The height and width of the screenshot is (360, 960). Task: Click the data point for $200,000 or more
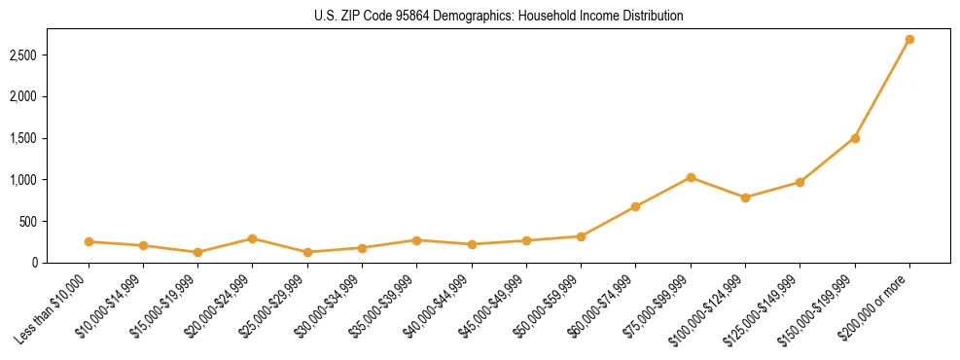pyautogui.click(x=909, y=40)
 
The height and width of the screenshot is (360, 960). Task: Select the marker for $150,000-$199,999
pyautogui.click(x=855, y=138)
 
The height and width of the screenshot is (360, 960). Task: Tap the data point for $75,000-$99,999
pyautogui.click(x=691, y=177)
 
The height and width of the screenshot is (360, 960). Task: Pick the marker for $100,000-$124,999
pyautogui.click(x=745, y=198)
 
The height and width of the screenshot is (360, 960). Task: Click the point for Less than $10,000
pyautogui.click(x=89, y=241)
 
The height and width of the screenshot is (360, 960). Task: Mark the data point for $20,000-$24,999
pyautogui.click(x=252, y=238)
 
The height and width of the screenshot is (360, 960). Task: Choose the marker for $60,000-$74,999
pyautogui.click(x=635, y=206)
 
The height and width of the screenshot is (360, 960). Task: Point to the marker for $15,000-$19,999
pyautogui.click(x=197, y=252)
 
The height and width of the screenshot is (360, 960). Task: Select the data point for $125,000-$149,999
pyautogui.click(x=800, y=182)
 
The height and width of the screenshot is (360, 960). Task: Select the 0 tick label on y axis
pyautogui.click(x=60, y=263)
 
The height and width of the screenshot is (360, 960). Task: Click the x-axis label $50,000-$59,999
pyautogui.click(x=550, y=304)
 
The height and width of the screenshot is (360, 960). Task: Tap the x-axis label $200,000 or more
pyautogui.click(x=879, y=305)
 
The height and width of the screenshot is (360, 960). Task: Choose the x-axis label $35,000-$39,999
pyautogui.click(x=385, y=304)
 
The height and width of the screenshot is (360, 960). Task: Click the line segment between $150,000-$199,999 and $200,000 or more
pyautogui.click(x=882, y=89)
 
